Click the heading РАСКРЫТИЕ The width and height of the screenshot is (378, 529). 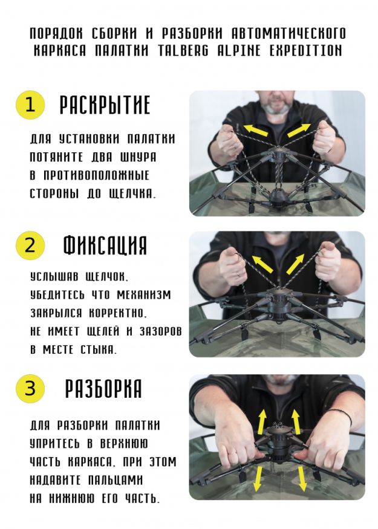105,105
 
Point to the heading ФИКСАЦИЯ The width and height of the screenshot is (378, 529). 105,245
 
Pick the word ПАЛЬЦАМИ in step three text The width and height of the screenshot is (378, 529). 112,480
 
